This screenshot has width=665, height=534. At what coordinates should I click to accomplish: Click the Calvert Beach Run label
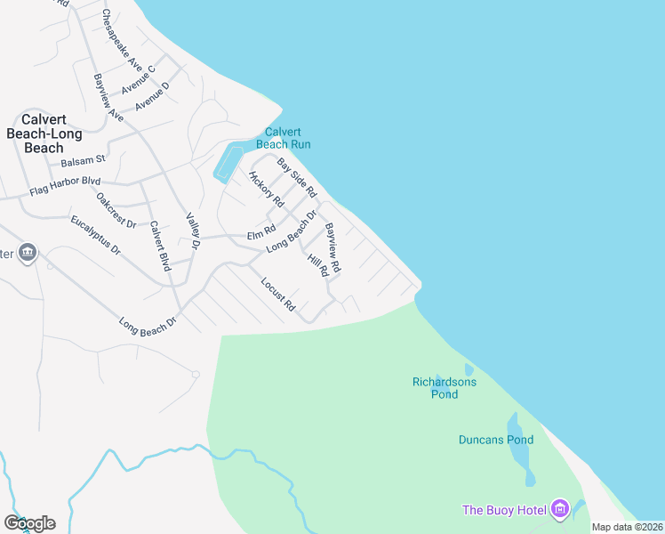pos(283,137)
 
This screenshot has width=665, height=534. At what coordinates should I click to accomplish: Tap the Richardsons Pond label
pos(445,388)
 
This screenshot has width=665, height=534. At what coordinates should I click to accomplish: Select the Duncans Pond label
pos(496,440)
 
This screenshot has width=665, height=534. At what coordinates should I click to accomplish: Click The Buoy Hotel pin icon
pos(559,509)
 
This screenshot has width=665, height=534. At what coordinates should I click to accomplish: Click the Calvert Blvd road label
pos(160,245)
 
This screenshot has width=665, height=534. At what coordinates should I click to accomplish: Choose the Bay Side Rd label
pos(297,177)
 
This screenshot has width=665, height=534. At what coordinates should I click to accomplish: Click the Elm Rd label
pos(261,231)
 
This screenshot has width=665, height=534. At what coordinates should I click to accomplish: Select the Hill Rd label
pos(317,264)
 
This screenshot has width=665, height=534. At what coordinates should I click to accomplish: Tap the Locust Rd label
pos(278,294)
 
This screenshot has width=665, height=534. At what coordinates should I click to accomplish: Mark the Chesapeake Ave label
pos(122,39)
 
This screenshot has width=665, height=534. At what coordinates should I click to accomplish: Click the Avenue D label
pos(152,97)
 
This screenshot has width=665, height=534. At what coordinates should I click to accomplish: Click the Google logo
pos(29,523)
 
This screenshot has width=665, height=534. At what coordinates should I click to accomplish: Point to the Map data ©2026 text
pos(626,527)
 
